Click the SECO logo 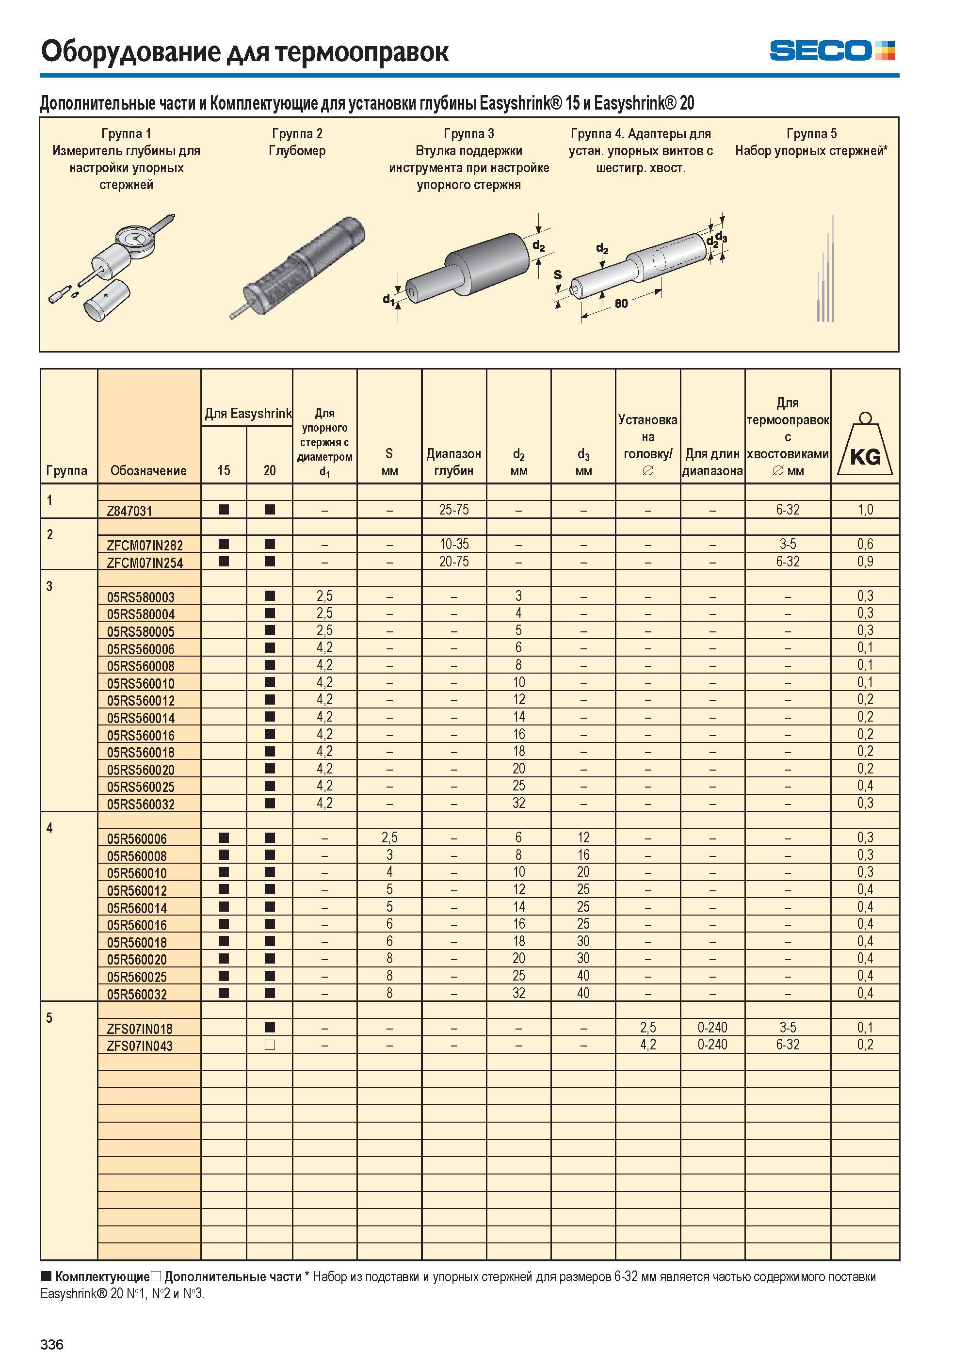[832, 50]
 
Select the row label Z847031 [129, 511]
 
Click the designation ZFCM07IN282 [145, 545]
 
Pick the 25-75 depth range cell [454, 510]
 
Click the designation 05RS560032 [141, 804]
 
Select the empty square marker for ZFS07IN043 [270, 1045]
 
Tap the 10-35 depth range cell [454, 544]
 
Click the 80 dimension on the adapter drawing [621, 304]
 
